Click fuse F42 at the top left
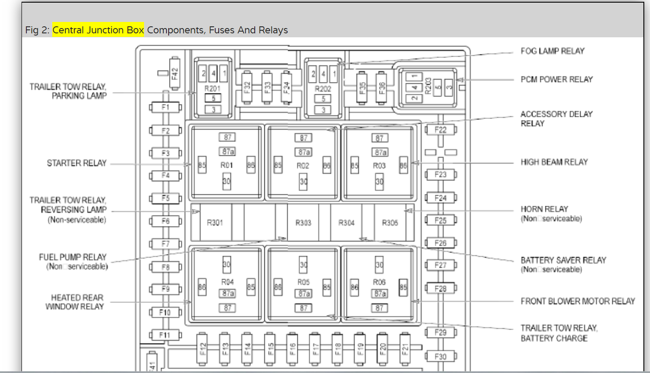(175, 73)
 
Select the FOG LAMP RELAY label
(552, 51)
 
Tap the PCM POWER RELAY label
(556, 79)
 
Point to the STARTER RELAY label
(77, 163)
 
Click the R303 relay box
(303, 223)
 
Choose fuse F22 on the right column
(441, 130)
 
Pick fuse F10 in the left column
(165, 312)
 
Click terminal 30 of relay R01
(227, 181)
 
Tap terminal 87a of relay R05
(303, 294)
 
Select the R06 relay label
(379, 282)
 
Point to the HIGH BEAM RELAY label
(554, 162)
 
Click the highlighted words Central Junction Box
(98, 30)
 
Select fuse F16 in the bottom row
(292, 348)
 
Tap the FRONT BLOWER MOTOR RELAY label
(578, 301)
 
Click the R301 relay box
(215, 223)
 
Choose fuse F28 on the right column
(441, 289)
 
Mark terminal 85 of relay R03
(354, 166)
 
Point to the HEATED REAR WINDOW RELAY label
(76, 302)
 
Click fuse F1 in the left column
(165, 108)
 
